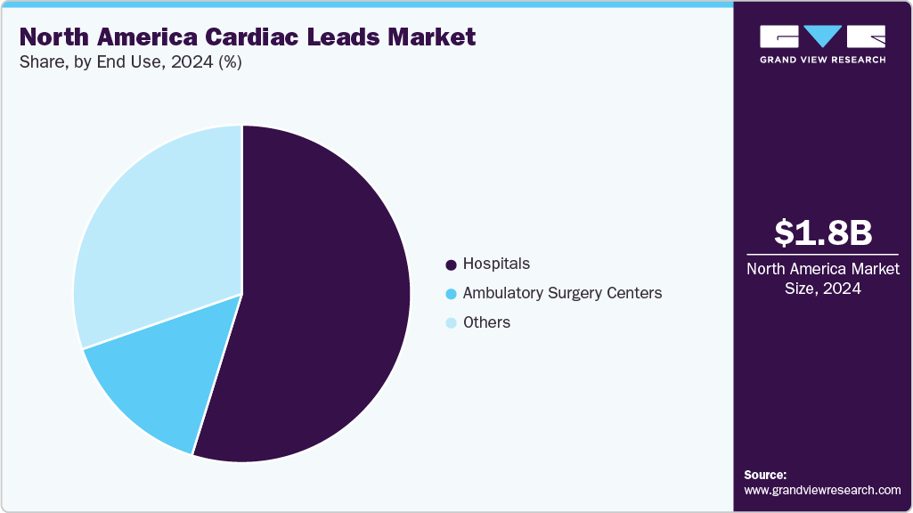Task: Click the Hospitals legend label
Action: pyautogui.click(x=496, y=264)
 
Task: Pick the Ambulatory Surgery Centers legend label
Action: pyautogui.click(x=562, y=293)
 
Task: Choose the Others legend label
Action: pyautogui.click(x=486, y=322)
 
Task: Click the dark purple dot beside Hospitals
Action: pyautogui.click(x=451, y=265)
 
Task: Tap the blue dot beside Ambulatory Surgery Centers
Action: pyautogui.click(x=451, y=294)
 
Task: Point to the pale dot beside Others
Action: pyautogui.click(x=451, y=323)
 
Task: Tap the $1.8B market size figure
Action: pyautogui.click(x=822, y=233)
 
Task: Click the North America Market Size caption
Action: pyautogui.click(x=822, y=279)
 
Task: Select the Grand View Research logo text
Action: pyautogui.click(x=822, y=60)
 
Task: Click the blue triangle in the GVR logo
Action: pyautogui.click(x=822, y=37)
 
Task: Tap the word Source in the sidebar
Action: pyautogui.click(x=765, y=475)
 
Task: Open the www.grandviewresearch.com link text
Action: pyautogui.click(x=822, y=490)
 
